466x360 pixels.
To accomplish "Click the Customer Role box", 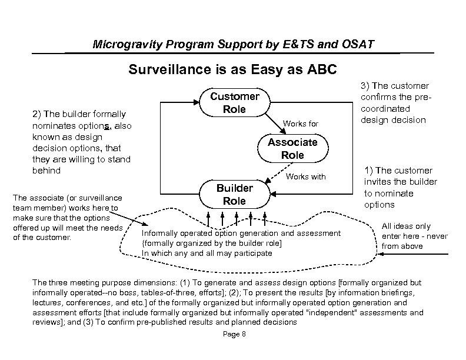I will (x=234, y=103).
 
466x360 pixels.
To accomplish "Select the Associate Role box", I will (x=292, y=149).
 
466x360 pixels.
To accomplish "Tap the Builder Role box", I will (x=234, y=194).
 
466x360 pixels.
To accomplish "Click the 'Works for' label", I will (x=301, y=124).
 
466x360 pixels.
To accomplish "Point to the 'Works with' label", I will (x=305, y=176).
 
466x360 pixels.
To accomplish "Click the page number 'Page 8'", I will (x=235, y=335).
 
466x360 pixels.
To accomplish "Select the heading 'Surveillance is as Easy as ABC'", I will (x=233, y=70).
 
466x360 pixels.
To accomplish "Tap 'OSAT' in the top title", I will (x=358, y=45).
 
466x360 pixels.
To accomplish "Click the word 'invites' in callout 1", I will (x=382, y=182).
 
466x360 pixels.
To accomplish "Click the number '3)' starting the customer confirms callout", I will (x=364, y=86).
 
